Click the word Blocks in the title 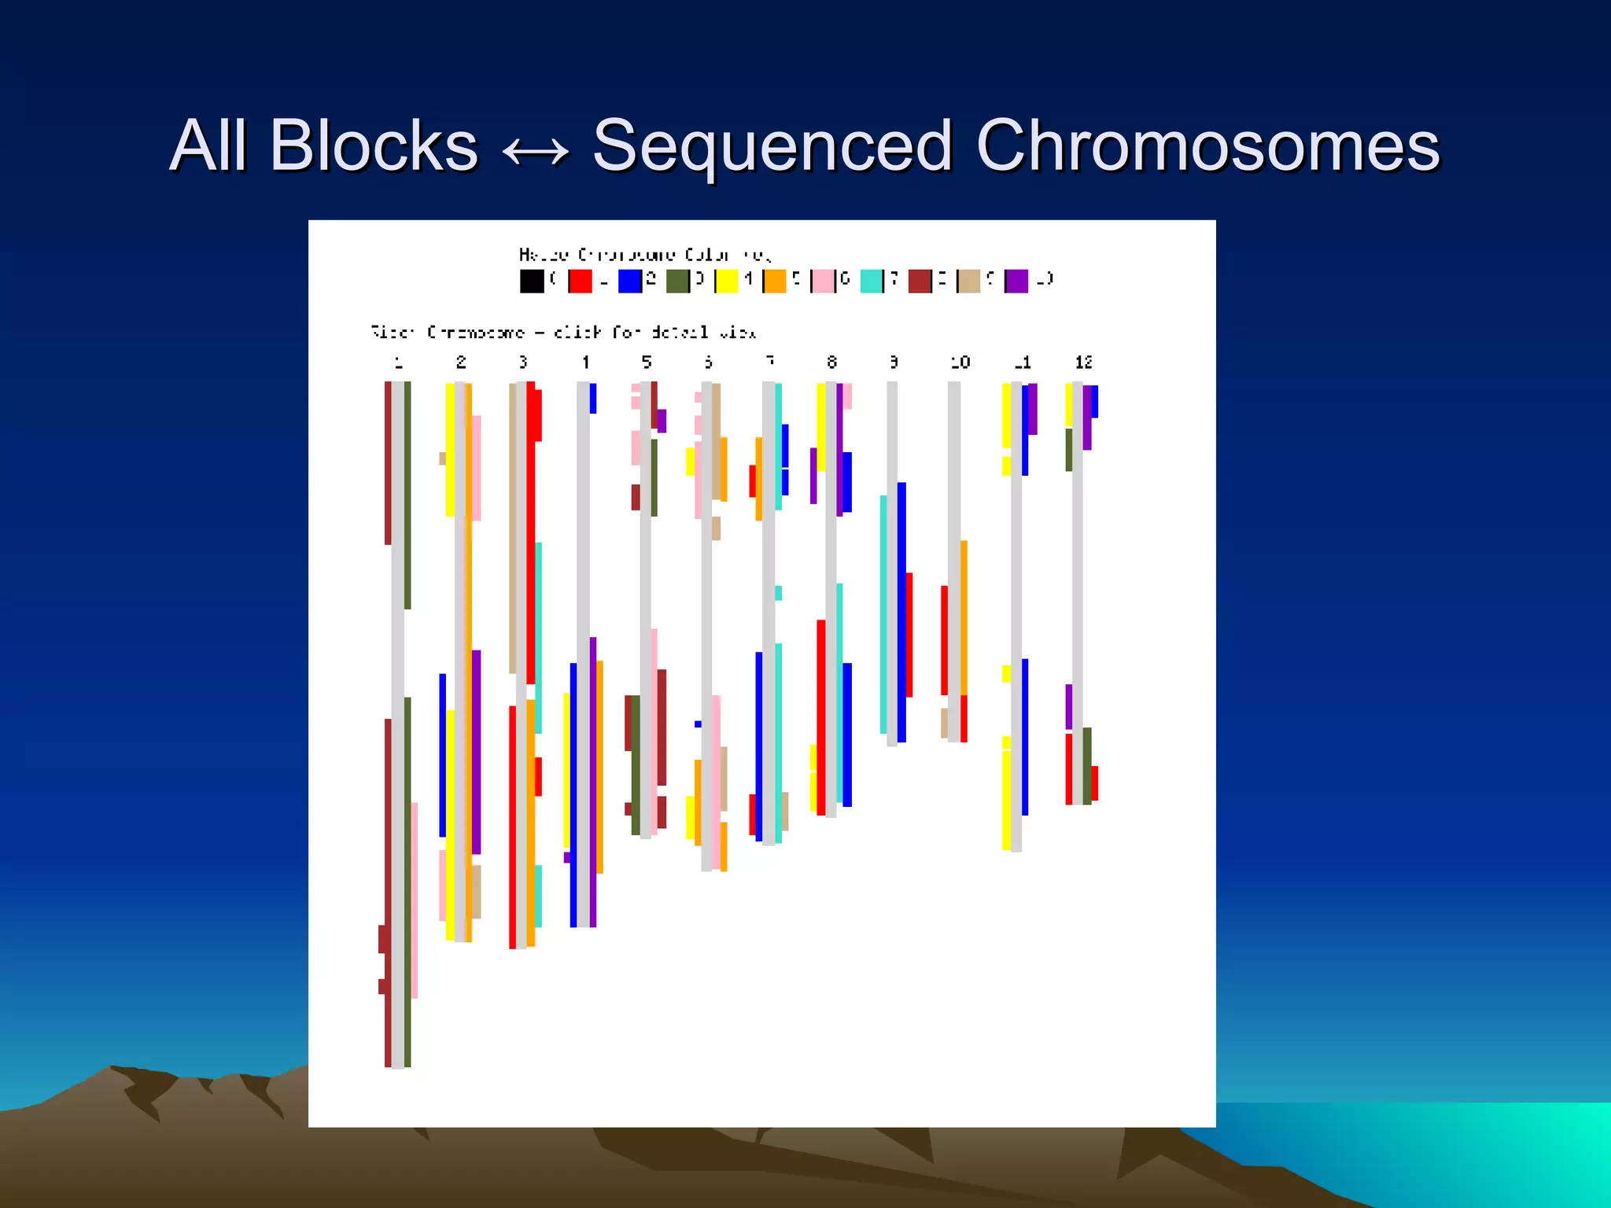[374, 145]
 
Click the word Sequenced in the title [772, 145]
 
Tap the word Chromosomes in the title [1207, 145]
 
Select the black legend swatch [532, 281]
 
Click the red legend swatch [581, 281]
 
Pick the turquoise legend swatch [871, 281]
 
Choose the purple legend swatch [1016, 281]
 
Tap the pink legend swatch [823, 281]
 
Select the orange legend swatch [775, 281]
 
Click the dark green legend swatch [677, 281]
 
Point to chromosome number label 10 [960, 363]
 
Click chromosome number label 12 [1083, 363]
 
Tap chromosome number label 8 [831, 363]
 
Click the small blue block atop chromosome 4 [593, 398]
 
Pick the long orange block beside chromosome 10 [964, 617]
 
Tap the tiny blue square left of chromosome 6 [698, 724]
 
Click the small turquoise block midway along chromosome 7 [778, 593]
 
